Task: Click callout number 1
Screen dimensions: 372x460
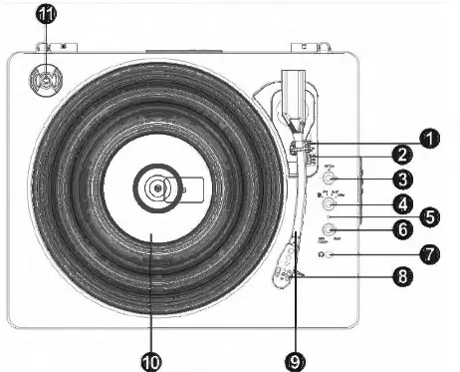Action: pos(429,139)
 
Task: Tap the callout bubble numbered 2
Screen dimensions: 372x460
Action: pos(402,155)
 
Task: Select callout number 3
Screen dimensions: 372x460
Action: pos(402,181)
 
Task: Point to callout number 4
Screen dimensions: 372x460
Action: pos(402,204)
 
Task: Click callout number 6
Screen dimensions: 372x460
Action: pos(402,229)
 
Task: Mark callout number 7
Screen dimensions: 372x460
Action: pos(430,254)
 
